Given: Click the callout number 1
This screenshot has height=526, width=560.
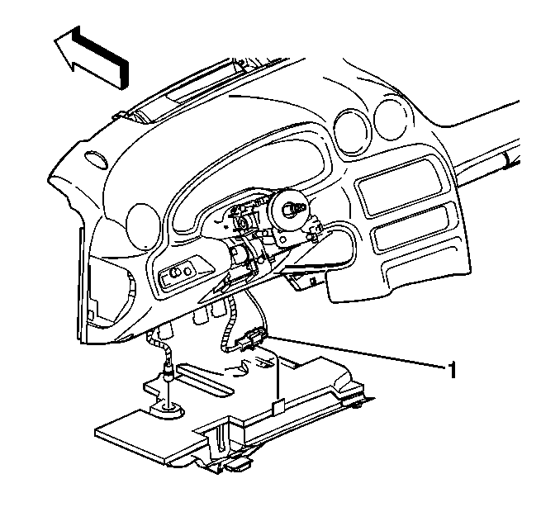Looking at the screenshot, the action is pyautogui.click(x=452, y=370).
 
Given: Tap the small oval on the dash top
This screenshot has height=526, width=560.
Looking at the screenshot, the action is pyautogui.click(x=96, y=159).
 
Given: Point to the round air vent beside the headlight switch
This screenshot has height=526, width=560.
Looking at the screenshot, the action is pyautogui.click(x=143, y=226).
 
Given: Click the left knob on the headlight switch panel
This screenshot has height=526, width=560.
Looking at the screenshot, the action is pyautogui.click(x=174, y=273).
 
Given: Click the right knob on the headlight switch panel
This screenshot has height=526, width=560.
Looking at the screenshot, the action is pyautogui.click(x=187, y=271).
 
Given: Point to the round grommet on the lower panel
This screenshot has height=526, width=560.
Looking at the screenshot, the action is pyautogui.click(x=167, y=410).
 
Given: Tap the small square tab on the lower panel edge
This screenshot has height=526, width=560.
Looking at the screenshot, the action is pyautogui.click(x=278, y=407).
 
